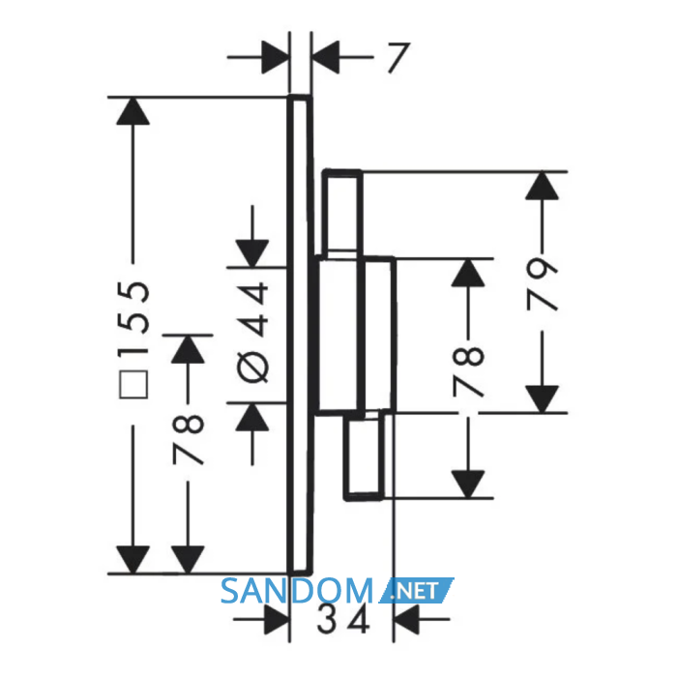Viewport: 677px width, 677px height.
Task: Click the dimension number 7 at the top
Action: pos(398,57)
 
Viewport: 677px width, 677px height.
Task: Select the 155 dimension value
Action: pos(134,318)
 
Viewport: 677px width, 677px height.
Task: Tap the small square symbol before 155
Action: pos(133,384)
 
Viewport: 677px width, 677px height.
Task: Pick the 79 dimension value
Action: pos(543,284)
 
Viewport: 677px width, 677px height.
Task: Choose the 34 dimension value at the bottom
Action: pos(343,620)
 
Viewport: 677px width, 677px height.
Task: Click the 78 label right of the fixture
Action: pos(468,371)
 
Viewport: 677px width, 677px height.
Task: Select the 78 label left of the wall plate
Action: pos(188,439)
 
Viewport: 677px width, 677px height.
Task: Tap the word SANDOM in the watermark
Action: pos(297,591)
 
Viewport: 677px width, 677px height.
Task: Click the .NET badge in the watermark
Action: pos(416,590)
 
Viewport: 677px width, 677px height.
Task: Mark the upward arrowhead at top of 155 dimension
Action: pos(133,111)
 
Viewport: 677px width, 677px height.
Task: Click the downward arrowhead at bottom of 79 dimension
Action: pos(543,399)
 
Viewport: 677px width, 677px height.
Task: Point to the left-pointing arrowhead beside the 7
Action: pos(325,57)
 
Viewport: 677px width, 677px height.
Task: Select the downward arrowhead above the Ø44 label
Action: pos(252,253)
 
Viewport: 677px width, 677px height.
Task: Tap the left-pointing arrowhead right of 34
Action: pos(405,620)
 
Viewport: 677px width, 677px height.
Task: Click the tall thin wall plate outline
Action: pos(300,335)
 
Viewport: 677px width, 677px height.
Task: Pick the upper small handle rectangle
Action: pos(342,213)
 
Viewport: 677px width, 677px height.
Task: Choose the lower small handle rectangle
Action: pos(365,456)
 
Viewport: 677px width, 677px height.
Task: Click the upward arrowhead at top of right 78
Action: pos(468,273)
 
